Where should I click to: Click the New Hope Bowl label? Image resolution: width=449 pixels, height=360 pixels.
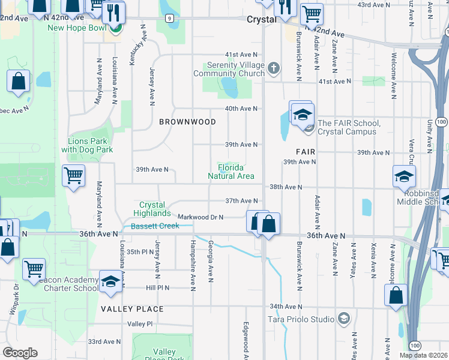73,28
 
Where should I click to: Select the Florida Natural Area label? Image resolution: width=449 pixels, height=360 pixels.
231,172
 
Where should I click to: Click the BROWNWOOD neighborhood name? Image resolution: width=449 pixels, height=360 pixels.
187,122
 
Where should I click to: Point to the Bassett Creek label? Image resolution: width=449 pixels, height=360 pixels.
155,226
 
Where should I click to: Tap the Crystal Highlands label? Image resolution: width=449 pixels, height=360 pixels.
152,209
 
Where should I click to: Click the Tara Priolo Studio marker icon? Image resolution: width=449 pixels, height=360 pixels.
344,317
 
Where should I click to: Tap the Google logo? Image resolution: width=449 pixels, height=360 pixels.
20,353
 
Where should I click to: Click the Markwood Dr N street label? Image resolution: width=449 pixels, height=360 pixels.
200,217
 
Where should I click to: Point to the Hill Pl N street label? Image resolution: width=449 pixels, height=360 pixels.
157,288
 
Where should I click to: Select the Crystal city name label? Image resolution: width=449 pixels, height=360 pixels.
261,19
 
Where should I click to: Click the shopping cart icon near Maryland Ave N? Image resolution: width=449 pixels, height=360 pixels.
73,176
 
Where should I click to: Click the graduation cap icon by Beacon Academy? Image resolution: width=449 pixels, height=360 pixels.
111,282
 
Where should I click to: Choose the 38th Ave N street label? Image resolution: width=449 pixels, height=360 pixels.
285,187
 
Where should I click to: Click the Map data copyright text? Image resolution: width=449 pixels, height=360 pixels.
423,355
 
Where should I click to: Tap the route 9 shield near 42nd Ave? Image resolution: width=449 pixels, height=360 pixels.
171,19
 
